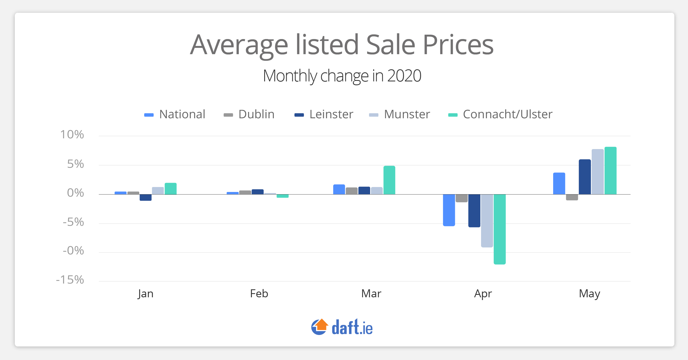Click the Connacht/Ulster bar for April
coord(499,229)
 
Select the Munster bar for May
coord(597,172)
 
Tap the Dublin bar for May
coord(572,197)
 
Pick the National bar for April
coord(449,210)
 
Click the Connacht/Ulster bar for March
coord(389,180)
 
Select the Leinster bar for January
coord(146,197)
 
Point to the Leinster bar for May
coord(585,177)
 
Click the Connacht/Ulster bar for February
coord(282,196)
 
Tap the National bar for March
coord(339,189)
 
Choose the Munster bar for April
coord(487,221)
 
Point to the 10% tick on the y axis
coord(72,135)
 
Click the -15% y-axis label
coord(70,280)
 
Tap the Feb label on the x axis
coord(259,294)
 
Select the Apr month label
coord(483,294)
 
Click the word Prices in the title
coord(458,45)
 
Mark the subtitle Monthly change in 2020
coord(342,76)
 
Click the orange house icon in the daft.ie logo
coord(321,325)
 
